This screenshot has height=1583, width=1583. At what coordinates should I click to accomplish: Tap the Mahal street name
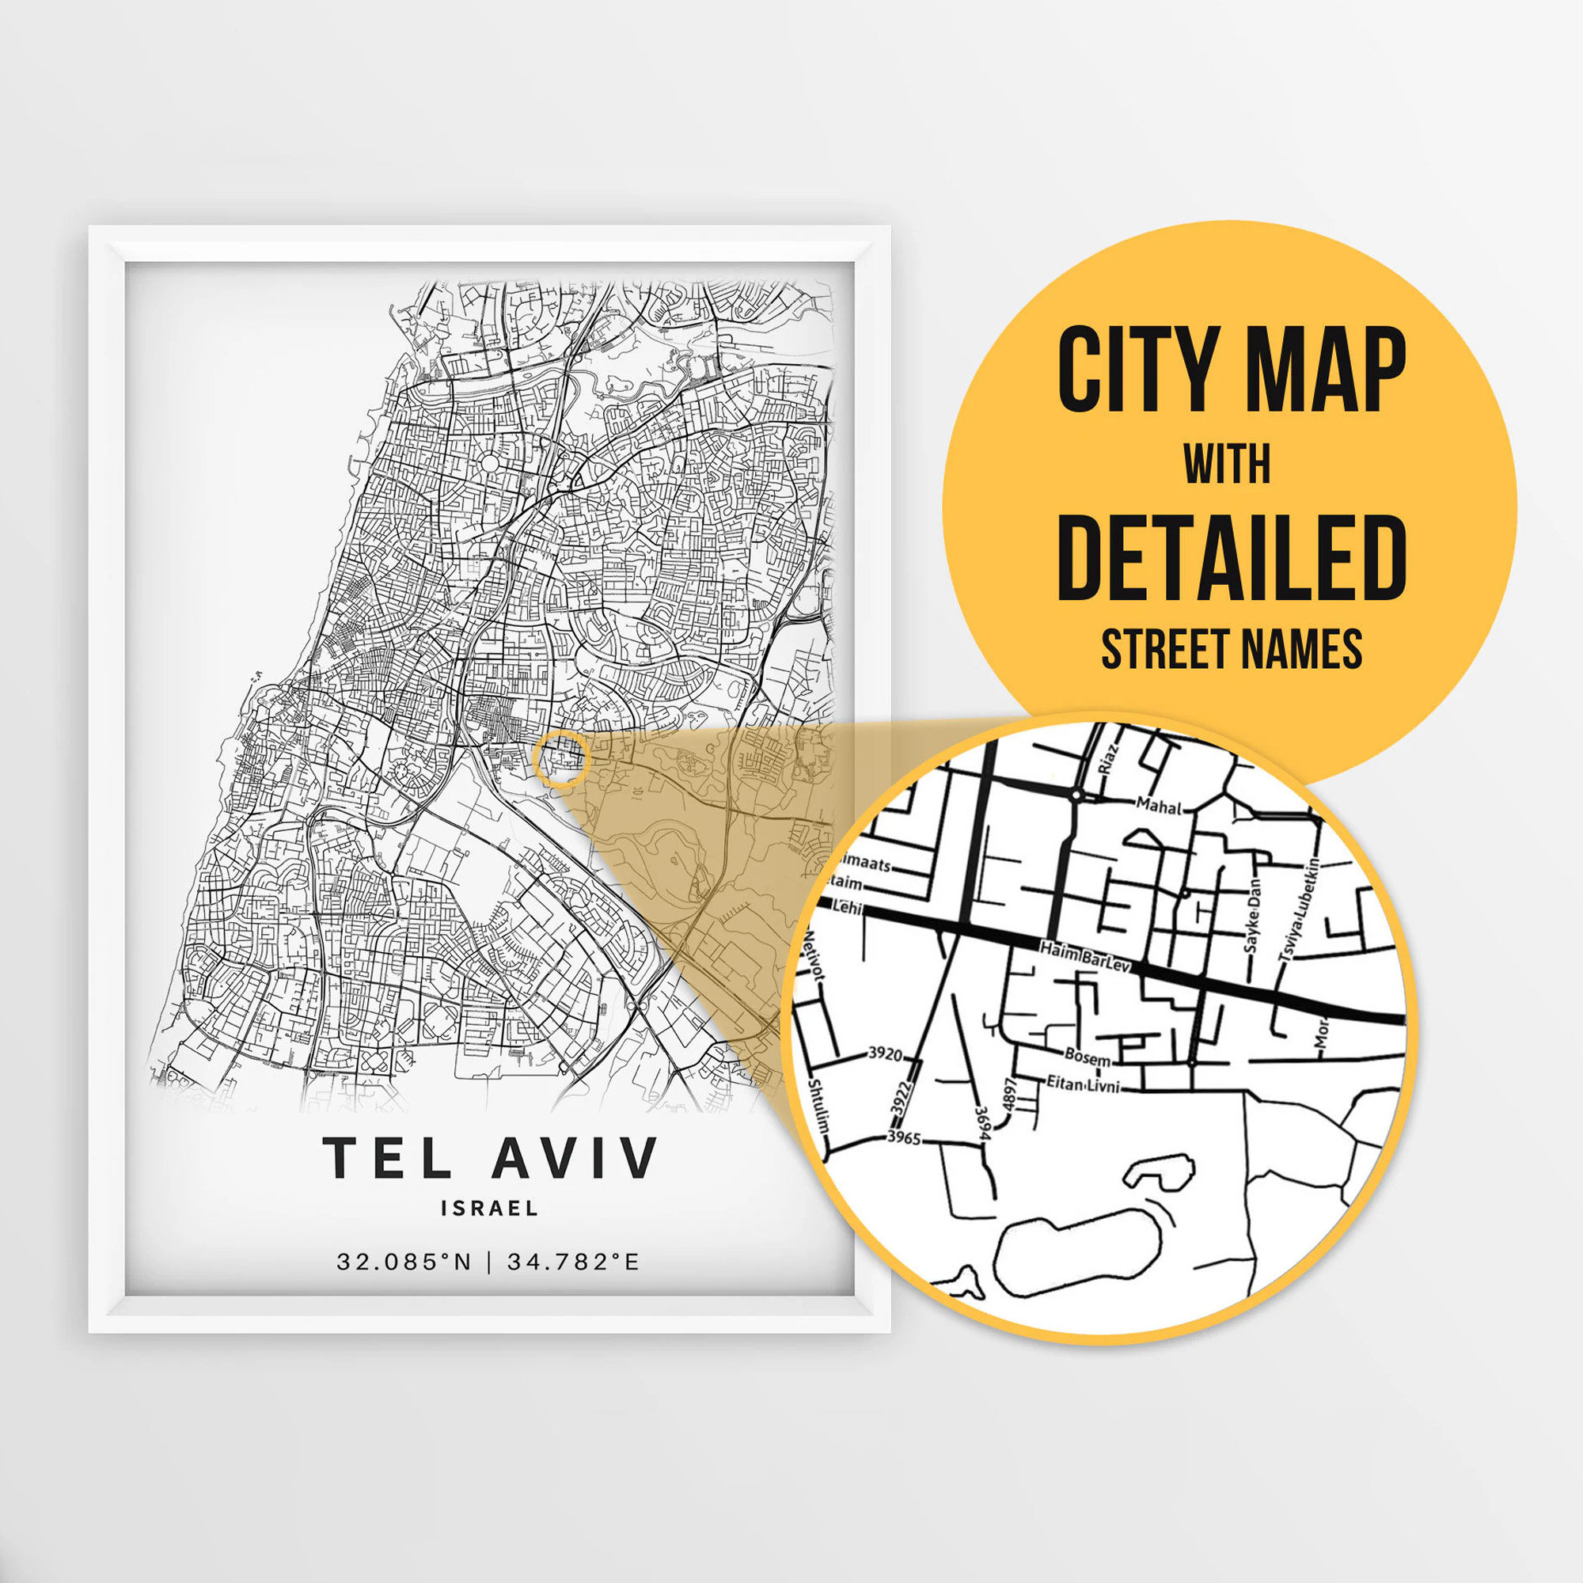tap(1160, 807)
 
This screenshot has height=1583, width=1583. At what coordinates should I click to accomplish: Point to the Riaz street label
tap(1107, 761)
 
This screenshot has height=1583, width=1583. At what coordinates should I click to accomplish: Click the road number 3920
tap(885, 1053)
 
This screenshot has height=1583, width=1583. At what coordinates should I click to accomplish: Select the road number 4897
tap(1009, 1094)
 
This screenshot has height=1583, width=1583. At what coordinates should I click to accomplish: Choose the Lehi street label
tap(844, 907)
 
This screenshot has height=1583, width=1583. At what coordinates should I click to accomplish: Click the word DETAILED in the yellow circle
tap(1232, 558)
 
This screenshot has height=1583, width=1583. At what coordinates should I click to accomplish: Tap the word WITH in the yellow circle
tap(1227, 465)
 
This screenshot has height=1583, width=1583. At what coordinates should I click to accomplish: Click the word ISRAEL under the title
tap(489, 1209)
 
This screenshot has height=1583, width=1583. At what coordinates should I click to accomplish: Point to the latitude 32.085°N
tap(404, 1262)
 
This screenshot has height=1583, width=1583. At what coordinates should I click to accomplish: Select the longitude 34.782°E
tap(573, 1262)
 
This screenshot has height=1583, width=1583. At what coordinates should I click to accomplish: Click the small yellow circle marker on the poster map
tap(560, 759)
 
